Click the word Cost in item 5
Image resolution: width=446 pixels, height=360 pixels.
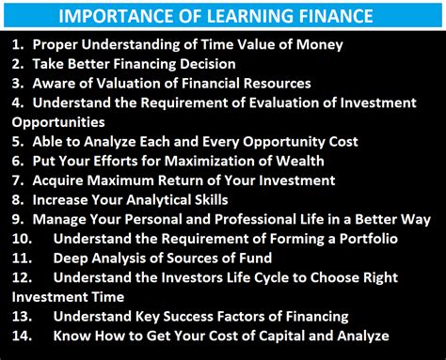coord(339,141)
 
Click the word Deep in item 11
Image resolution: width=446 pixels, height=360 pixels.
coord(72,258)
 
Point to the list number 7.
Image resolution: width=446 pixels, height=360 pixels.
coord(18,180)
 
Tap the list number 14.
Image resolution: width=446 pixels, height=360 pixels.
coord(22,335)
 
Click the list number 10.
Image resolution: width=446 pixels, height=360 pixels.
coord(22,238)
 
